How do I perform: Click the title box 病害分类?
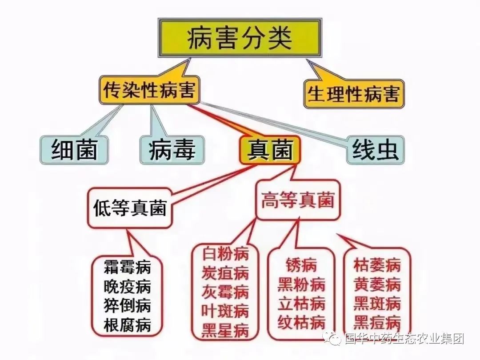click(240, 38)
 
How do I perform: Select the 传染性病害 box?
click(149, 90)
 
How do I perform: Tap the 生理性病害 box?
click(354, 94)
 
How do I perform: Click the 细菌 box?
click(74, 150)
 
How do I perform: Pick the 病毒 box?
click(172, 150)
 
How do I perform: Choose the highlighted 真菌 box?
click(270, 149)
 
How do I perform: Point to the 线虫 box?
click(375, 150)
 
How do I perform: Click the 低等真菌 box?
click(130, 208)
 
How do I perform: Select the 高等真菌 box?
click(298, 200)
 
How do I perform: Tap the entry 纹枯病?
click(301, 322)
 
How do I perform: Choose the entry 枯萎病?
click(377, 265)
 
